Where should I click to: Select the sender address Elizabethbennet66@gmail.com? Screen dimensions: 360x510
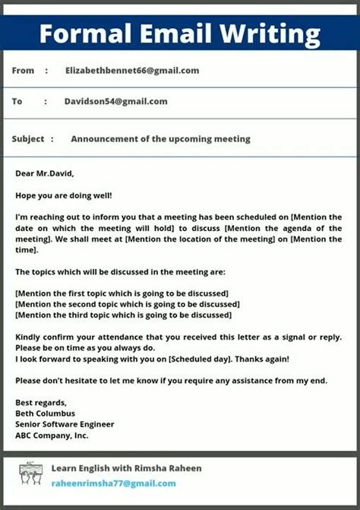click(132, 71)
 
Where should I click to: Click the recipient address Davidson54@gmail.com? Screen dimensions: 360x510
click(115, 101)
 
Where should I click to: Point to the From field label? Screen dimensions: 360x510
click(24, 71)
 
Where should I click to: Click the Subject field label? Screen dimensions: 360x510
click(28, 139)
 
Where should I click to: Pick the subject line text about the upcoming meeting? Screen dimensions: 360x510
click(160, 139)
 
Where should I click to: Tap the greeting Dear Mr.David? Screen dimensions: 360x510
click(45, 173)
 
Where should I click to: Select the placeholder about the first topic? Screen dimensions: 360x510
click(122, 293)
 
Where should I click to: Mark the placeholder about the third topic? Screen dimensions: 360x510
click(124, 315)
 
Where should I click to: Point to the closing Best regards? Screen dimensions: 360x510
click(41, 403)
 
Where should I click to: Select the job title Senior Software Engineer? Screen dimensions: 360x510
click(65, 424)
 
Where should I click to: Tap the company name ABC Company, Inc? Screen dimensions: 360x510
click(52, 436)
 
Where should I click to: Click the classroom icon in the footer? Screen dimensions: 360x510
click(31, 474)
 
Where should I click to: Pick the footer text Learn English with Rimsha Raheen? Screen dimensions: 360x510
click(126, 468)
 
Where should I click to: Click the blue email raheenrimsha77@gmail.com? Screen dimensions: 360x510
click(113, 483)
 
